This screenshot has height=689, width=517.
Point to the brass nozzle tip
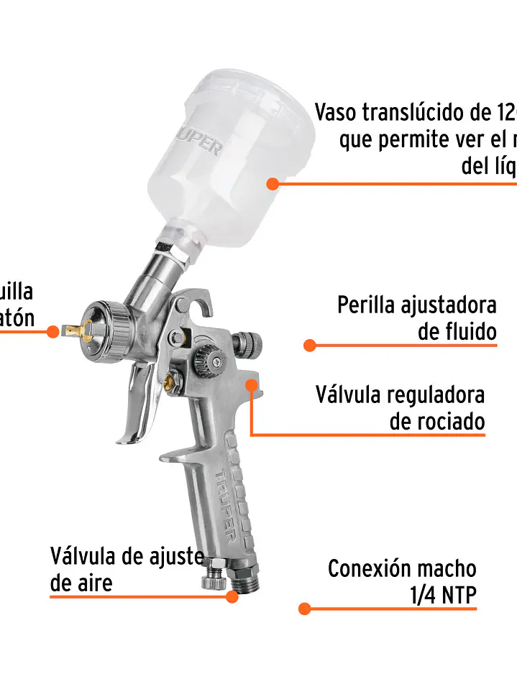coord(78,330)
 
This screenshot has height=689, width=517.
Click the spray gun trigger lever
coord(140,406)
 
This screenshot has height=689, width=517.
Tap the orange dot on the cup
coord(273,184)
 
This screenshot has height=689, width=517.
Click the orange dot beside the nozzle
coord(52,331)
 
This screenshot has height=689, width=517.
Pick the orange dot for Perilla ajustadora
coord(310,346)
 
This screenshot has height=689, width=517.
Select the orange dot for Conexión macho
coord(304,609)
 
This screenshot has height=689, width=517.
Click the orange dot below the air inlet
coord(232,596)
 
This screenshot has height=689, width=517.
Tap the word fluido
coord(467,333)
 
